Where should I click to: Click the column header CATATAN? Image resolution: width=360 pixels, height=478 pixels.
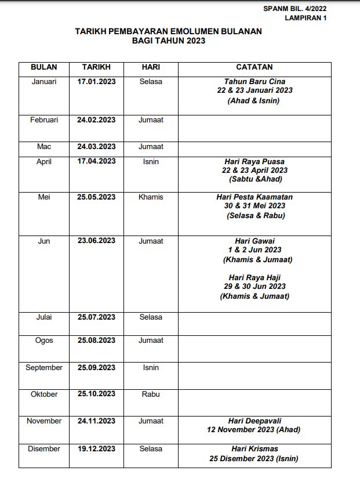[x=254, y=67]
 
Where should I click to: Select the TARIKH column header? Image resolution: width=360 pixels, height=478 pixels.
[x=96, y=67]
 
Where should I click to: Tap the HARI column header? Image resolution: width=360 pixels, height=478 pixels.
[x=151, y=67]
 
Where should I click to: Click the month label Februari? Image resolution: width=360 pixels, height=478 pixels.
[x=44, y=120]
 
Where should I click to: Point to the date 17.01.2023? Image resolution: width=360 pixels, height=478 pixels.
[x=96, y=82]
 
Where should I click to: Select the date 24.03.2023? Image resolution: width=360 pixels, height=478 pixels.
[x=96, y=147]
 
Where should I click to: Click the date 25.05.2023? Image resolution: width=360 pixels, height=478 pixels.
[x=96, y=197]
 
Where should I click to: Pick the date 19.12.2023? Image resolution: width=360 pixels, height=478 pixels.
[x=96, y=449]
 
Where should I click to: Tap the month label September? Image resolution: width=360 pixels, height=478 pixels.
[x=44, y=368]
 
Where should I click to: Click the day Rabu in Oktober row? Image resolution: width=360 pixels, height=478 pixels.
[x=151, y=394]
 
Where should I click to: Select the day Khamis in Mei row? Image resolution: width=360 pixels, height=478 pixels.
[x=151, y=197]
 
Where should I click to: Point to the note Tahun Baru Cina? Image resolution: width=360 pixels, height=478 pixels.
[x=254, y=82]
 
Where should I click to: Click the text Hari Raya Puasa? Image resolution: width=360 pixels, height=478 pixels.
[x=254, y=161]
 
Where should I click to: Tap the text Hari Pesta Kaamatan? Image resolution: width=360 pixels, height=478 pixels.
[x=254, y=197]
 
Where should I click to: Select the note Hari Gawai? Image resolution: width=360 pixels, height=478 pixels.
[x=254, y=241]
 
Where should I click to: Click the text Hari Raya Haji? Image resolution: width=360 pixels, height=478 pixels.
[x=254, y=278]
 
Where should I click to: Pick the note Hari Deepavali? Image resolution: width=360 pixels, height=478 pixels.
[x=254, y=421]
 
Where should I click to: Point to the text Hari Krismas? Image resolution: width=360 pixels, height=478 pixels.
[x=254, y=449]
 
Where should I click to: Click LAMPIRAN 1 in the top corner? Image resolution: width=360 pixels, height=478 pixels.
[x=306, y=18]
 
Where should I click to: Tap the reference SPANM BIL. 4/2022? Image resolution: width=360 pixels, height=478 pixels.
[x=294, y=9]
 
